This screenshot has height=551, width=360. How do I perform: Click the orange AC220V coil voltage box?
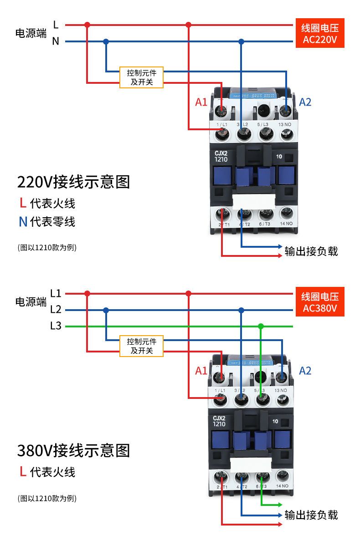(x=319, y=33)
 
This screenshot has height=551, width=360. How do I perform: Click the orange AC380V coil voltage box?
(x=319, y=302)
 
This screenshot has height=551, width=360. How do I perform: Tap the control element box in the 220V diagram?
(x=141, y=77)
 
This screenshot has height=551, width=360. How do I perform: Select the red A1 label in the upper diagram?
(x=201, y=102)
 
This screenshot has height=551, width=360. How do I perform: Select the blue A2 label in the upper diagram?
(x=305, y=102)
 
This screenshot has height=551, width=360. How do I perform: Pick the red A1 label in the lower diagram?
(x=201, y=371)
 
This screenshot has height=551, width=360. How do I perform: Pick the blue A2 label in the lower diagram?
(x=305, y=371)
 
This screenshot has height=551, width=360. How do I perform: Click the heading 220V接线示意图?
(x=73, y=182)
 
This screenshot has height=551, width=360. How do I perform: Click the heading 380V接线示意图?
(x=73, y=450)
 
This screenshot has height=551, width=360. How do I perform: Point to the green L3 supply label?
(x=56, y=327)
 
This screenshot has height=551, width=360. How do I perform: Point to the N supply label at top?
(x=56, y=41)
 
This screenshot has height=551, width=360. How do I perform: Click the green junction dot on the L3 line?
(x=261, y=327)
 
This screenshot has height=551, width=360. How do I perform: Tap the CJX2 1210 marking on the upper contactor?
(x=221, y=156)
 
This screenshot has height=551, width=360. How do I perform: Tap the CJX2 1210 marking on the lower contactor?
(x=220, y=421)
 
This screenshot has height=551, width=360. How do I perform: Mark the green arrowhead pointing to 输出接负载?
(x=280, y=505)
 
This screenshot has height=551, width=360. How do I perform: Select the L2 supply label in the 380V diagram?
(x=56, y=310)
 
